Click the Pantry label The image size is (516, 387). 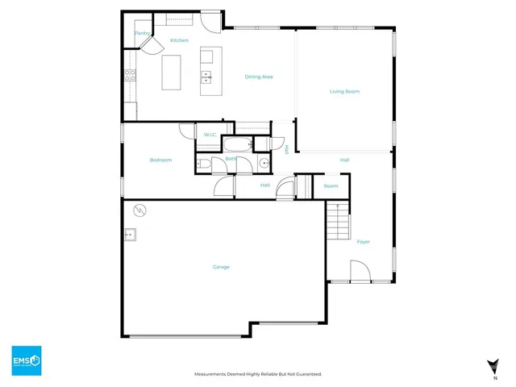(142, 33)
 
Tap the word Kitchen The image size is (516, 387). (179, 40)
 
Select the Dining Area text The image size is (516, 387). (259, 77)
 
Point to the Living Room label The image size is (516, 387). (344, 91)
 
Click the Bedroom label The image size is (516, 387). (160, 160)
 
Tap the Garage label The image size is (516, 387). (221, 267)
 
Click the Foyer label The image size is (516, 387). (363, 242)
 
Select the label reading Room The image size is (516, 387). (331, 186)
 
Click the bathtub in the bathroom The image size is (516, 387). (237, 146)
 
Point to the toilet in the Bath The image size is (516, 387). (205, 164)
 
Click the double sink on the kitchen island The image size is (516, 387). (206, 77)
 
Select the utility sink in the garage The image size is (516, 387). (130, 235)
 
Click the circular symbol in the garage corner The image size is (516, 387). (139, 210)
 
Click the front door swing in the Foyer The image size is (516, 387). (360, 272)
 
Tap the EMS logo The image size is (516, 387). (26, 360)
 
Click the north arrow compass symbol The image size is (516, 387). (493, 365)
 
